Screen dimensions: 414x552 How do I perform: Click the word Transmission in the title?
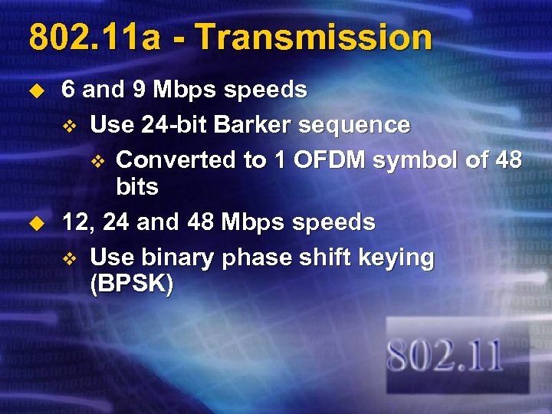click(x=315, y=38)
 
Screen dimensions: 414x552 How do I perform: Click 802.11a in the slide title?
click(x=94, y=38)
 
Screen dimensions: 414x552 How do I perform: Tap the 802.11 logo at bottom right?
click(x=445, y=357)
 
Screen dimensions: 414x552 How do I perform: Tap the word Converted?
click(x=168, y=159)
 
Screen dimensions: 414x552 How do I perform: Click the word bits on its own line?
click(x=137, y=186)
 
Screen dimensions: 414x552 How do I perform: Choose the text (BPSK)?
click(x=131, y=284)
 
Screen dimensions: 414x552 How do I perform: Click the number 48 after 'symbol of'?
click(x=508, y=159)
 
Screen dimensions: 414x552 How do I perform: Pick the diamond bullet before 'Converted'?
click(x=97, y=160)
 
